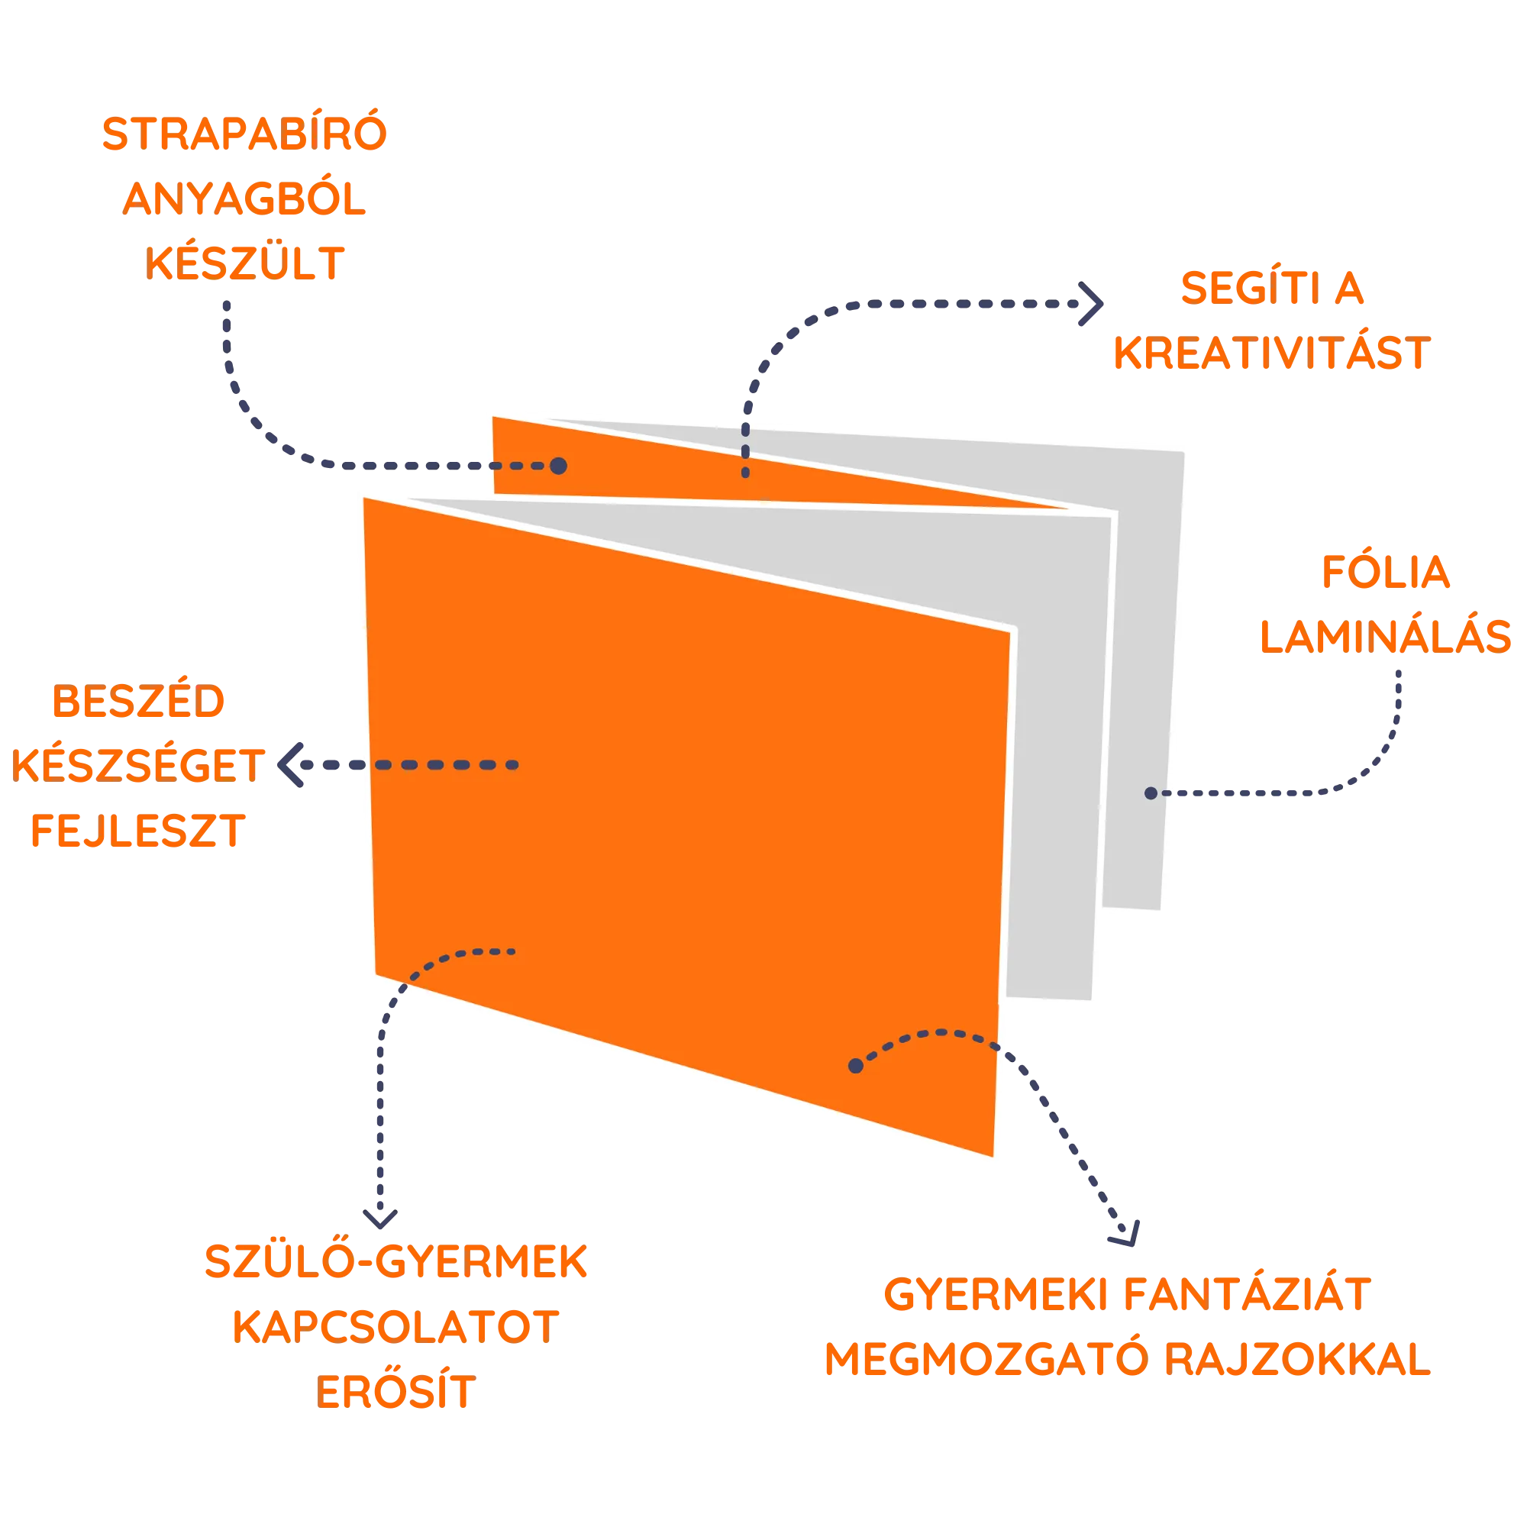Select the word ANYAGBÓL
tap(244, 201)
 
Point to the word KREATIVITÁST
tap(1272, 354)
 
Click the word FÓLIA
tap(1386, 574)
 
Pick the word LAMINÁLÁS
tap(1386, 636)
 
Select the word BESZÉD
tap(137, 702)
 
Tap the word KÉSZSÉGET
tap(137, 766)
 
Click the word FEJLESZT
tap(137, 831)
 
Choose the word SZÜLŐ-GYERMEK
tap(396, 1262)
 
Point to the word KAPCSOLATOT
tap(396, 1326)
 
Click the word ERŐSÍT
tap(396, 1391)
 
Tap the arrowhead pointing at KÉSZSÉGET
tap(287, 765)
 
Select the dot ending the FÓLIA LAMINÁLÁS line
tap(1151, 793)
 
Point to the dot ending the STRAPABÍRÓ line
tap(559, 466)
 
